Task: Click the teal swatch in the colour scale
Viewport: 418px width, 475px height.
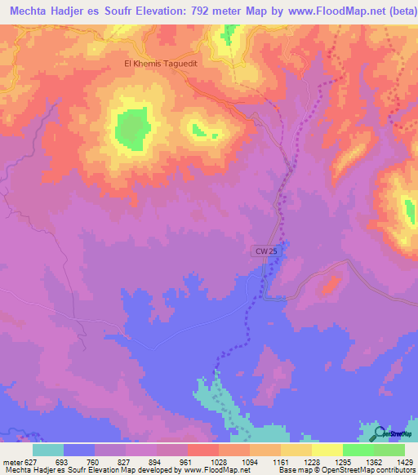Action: pos(48,450)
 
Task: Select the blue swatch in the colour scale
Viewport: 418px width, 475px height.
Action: pos(79,450)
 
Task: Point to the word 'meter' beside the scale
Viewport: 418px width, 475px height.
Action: pos(12,461)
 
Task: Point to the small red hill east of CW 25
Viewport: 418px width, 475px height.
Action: pos(330,286)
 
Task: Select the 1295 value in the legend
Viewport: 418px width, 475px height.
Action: pos(342,461)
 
